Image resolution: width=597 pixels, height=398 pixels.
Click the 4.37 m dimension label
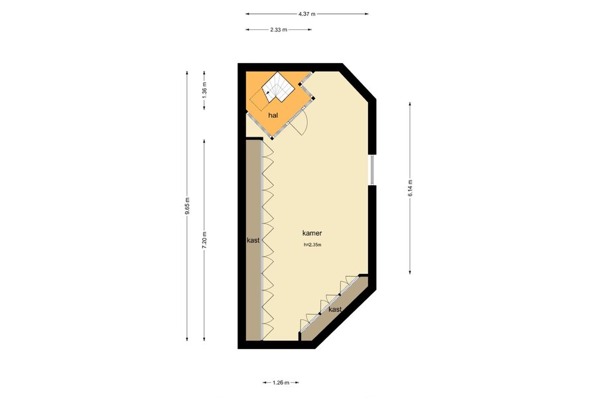[x=307, y=14]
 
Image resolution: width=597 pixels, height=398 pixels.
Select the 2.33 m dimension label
[x=279, y=30]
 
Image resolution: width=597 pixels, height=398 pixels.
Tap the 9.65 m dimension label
[x=187, y=206]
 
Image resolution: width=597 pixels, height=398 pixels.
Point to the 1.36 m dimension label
[x=204, y=90]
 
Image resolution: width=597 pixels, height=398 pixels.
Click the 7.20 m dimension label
[x=204, y=240]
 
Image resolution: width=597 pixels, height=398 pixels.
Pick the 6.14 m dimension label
[x=410, y=188]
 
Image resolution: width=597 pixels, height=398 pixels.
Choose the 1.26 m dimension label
[x=281, y=383]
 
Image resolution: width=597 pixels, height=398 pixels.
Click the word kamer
[x=312, y=233]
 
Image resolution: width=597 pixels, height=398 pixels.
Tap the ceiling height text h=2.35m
[x=312, y=245]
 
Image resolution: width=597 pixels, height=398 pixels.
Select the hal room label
[x=273, y=115]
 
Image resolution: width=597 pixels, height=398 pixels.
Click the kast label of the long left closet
[x=253, y=240]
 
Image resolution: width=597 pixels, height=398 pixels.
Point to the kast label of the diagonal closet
[x=335, y=309]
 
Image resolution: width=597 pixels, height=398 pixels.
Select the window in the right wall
[x=372, y=170]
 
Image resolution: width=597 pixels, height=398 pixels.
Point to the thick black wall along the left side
[x=241, y=206]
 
